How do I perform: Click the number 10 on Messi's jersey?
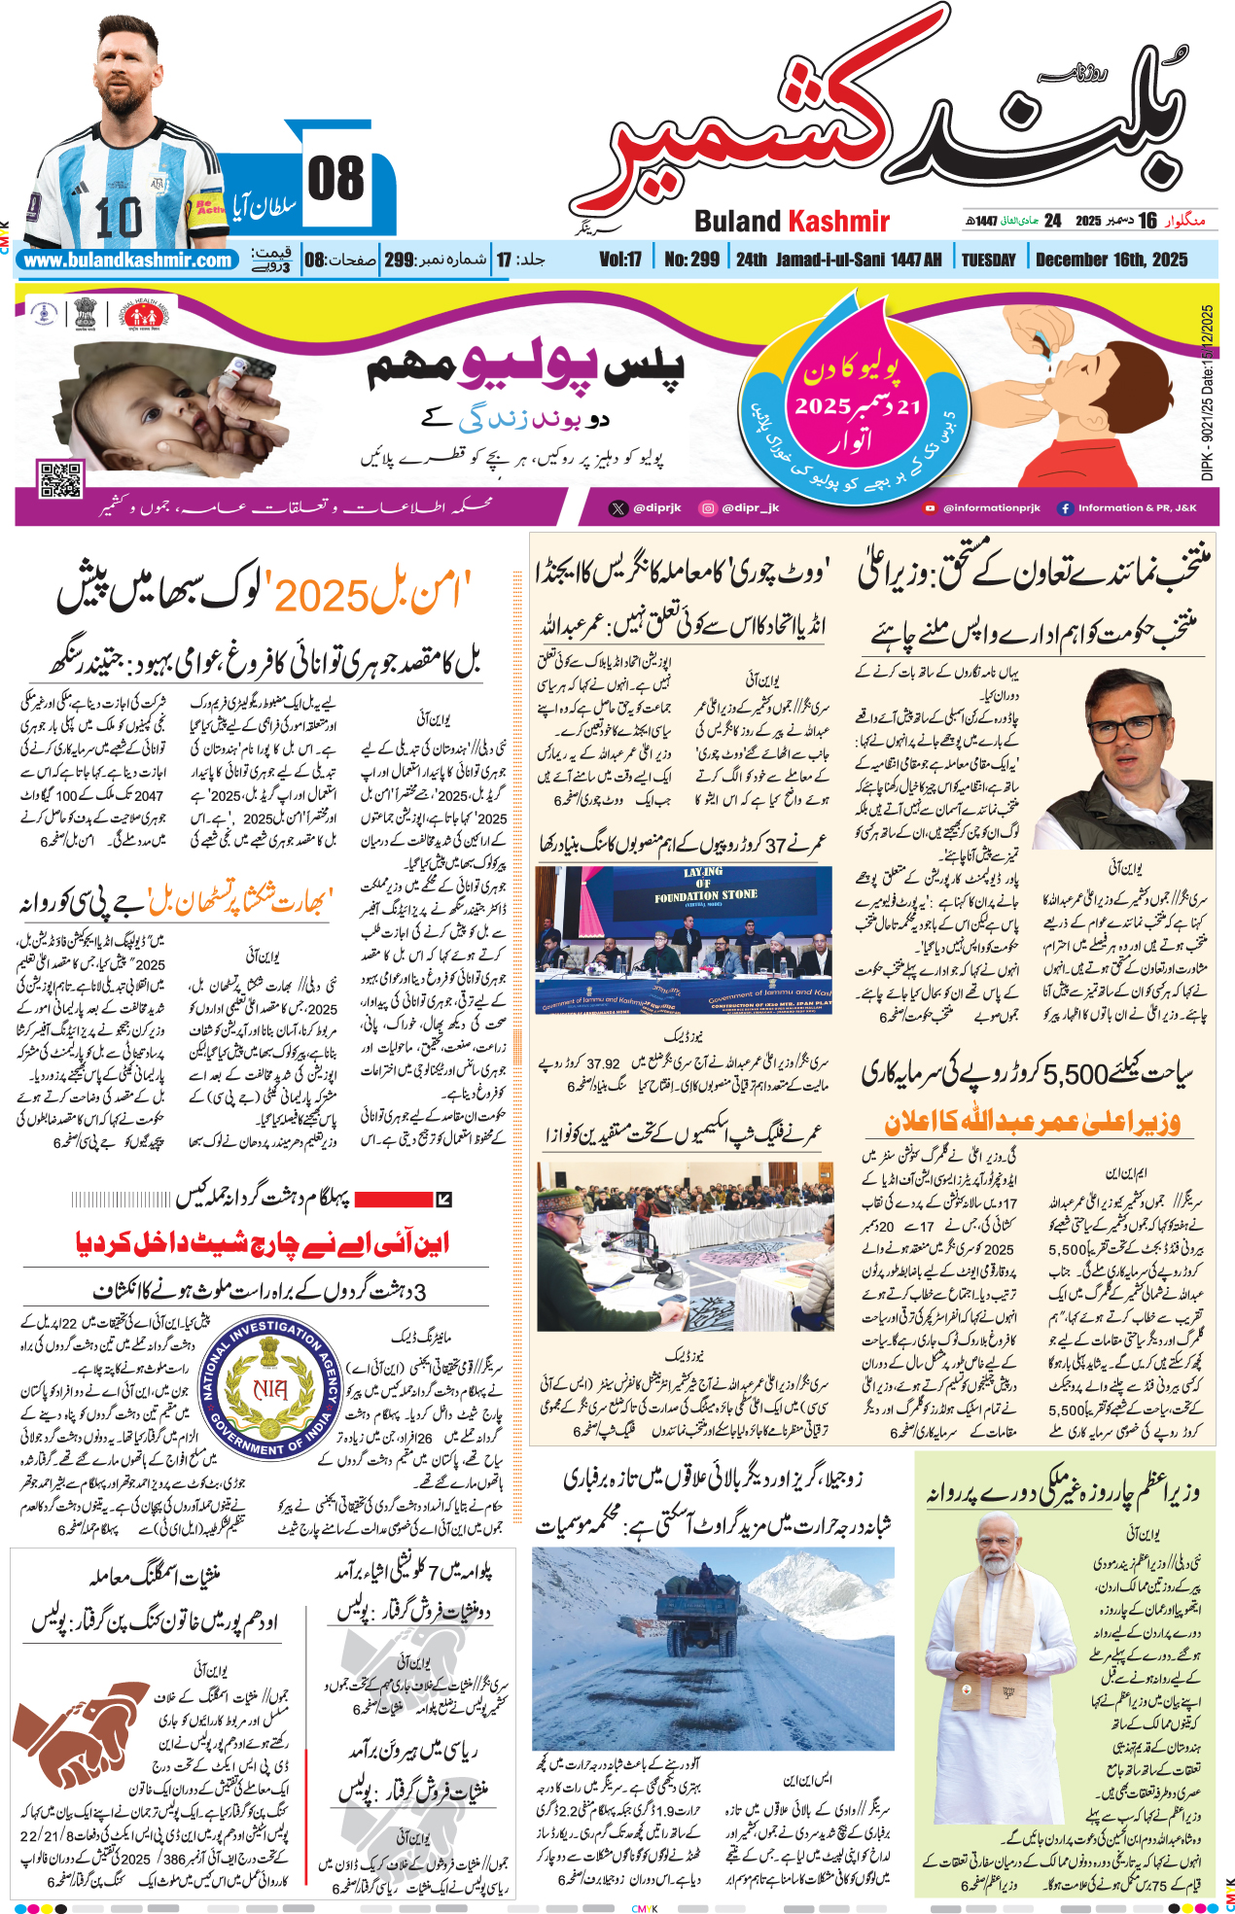point(120,216)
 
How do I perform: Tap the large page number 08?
point(335,179)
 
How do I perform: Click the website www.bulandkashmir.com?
point(128,261)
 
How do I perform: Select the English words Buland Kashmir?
point(792,222)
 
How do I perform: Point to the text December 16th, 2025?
point(1111,260)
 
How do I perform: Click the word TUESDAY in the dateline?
point(988,260)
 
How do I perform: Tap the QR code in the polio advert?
point(59,480)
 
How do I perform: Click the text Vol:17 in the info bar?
point(619,260)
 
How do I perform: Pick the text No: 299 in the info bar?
point(691,260)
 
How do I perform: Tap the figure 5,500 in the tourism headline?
point(1076,1074)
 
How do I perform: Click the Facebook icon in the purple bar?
point(1065,507)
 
